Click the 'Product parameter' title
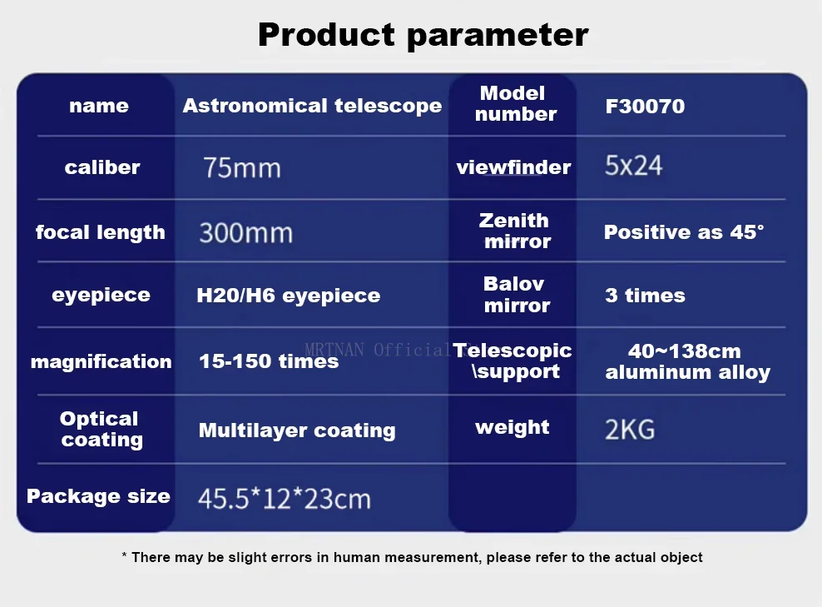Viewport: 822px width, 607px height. click(x=423, y=35)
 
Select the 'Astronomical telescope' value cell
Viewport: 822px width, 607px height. click(x=312, y=106)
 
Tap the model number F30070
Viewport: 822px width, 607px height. click(x=645, y=106)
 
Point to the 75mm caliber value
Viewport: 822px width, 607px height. click(x=241, y=168)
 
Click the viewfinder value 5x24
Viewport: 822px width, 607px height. click(x=633, y=166)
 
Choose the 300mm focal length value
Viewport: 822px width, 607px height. click(x=245, y=232)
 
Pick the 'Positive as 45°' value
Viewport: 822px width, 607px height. click(x=684, y=231)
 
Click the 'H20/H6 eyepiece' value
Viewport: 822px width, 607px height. click(x=289, y=296)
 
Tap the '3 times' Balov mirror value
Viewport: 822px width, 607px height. click(x=645, y=296)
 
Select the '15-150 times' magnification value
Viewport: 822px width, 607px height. click(x=269, y=361)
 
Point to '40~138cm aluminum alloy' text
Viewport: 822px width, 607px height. click(x=688, y=361)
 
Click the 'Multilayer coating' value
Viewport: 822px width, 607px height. click(x=297, y=430)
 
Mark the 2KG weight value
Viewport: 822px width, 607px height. click(x=630, y=430)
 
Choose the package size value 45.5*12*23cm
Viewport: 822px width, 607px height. click(x=285, y=499)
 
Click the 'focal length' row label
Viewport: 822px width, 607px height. click(x=100, y=232)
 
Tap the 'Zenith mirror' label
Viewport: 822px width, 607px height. click(x=514, y=231)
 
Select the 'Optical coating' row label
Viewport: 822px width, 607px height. click(x=100, y=429)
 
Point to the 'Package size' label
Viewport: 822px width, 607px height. click(x=98, y=496)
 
